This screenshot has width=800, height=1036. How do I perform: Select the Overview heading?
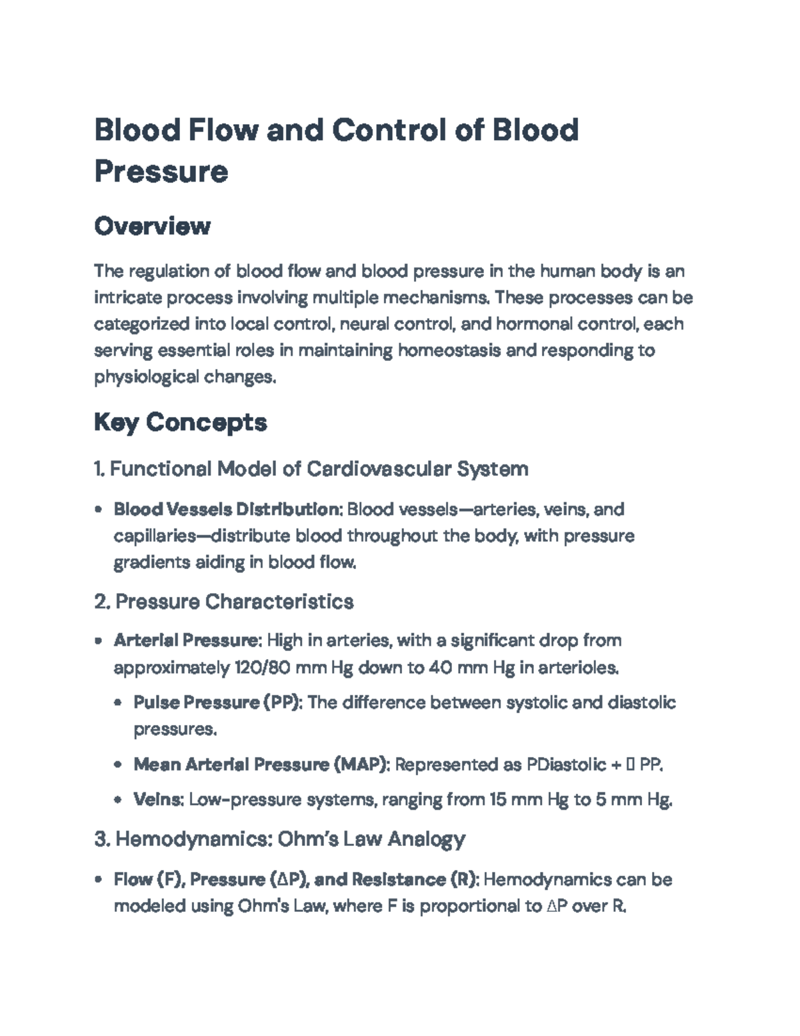pyautogui.click(x=152, y=226)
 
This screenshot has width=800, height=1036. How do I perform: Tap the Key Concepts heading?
pyautogui.click(x=180, y=422)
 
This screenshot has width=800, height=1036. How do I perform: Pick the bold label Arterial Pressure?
pyautogui.click(x=186, y=640)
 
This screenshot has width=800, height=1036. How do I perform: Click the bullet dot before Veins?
pyautogui.click(x=118, y=800)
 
